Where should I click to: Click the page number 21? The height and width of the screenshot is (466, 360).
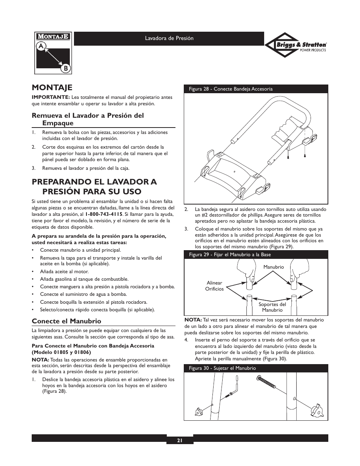coord(180,440)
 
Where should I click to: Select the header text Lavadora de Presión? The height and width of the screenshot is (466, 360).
coord(169,38)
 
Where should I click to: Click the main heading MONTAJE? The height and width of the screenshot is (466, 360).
coord(52,88)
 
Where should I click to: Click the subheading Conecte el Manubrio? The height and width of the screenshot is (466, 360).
coord(66,321)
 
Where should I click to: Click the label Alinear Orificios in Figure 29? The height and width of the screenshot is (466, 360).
coord(214,286)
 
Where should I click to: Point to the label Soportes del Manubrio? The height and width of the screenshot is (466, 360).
coord(272,307)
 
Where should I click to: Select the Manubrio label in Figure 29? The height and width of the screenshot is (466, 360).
coord(274,267)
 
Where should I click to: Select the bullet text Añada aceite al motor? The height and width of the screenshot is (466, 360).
coord(64,272)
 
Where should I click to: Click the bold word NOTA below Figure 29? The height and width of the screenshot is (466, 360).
coord(193,320)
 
